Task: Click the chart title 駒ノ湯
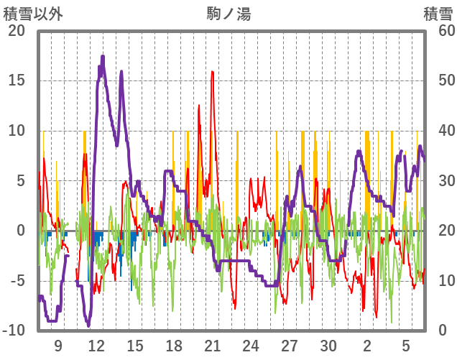pyautogui.click(x=228, y=14)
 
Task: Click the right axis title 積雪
pyautogui.click(x=437, y=14)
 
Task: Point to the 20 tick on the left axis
pyautogui.click(x=17, y=31)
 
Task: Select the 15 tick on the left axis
pyautogui.click(x=17, y=80)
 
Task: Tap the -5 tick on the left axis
pyautogui.click(x=17, y=280)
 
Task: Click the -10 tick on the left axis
pyautogui.click(x=14, y=331)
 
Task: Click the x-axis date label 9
pyautogui.click(x=58, y=345)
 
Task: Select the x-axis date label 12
pyautogui.click(x=96, y=345)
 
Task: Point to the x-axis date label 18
pyautogui.click(x=174, y=345)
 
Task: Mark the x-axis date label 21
pyautogui.click(x=212, y=345)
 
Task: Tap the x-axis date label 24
pyautogui.click(x=251, y=345)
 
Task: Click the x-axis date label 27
pyautogui.click(x=290, y=345)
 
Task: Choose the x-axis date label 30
pyautogui.click(x=328, y=345)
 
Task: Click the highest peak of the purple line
pyautogui.click(x=103, y=56)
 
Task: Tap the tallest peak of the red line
pyautogui.click(x=213, y=72)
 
